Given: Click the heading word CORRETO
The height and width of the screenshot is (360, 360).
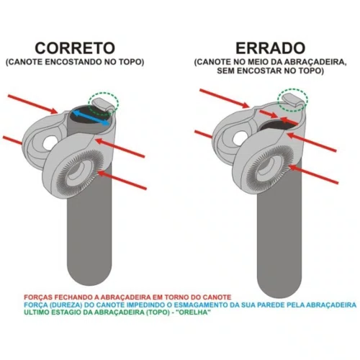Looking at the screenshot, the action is [x=75, y=48].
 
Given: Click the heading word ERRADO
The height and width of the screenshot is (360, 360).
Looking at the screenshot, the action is [x=270, y=48].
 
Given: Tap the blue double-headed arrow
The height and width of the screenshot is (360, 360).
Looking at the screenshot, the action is [x=91, y=117].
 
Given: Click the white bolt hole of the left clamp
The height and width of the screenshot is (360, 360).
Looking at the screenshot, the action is [x=50, y=143].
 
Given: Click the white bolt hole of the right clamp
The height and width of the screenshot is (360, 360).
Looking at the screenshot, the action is [x=240, y=138].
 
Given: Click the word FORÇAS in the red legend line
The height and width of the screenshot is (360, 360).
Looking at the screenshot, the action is [x=38, y=297].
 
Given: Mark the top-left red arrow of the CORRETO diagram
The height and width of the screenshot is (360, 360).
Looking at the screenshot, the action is [x=32, y=104].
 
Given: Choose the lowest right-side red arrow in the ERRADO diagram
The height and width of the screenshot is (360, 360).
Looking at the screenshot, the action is [x=313, y=174].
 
